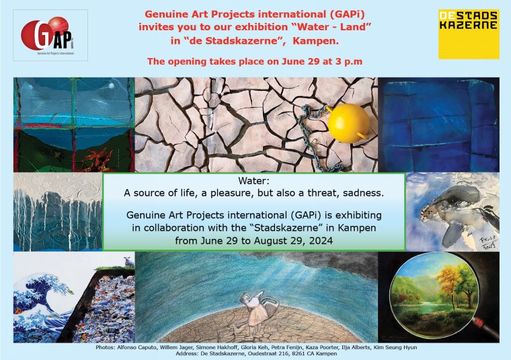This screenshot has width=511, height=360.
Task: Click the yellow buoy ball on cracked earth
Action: pos(348,123)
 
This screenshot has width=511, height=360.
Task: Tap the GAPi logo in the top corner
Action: pos(50,35)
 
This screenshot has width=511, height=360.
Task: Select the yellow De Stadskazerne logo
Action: pos(469,34)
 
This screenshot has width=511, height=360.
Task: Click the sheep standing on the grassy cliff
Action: pos(128,262)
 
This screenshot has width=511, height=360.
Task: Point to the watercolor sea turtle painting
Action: pos(453,212)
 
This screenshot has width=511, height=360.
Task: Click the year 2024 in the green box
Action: pos(321,241)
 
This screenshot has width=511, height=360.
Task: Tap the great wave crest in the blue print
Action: pos(49,287)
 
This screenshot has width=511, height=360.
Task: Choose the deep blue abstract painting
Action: pos(438,124)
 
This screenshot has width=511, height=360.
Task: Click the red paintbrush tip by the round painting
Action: pos(478,322)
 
